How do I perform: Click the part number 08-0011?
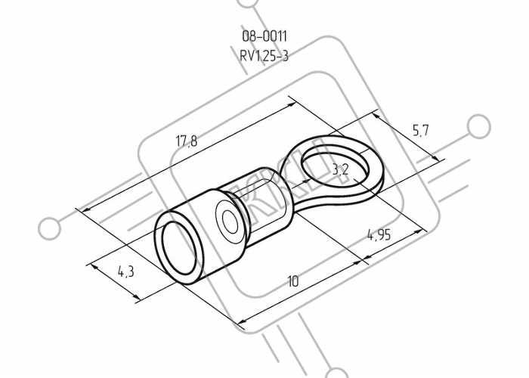[264, 36]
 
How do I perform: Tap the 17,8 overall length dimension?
[187, 141]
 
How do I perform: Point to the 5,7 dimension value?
[421, 130]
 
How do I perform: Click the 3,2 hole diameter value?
[340, 170]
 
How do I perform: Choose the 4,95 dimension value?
[379, 234]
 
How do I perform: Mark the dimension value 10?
[293, 281]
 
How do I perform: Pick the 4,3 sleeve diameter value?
[126, 271]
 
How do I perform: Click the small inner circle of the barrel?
[230, 222]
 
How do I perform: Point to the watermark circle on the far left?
[50, 228]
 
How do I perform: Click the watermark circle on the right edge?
[478, 126]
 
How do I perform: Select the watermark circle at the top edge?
[249, 2]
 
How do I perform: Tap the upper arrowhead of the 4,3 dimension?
[94, 268]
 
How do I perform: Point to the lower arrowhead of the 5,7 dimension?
[435, 158]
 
